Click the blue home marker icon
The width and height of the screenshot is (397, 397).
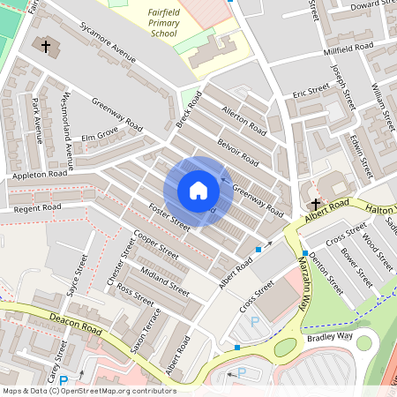pos(198,191)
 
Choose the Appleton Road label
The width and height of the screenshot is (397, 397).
pos(40,175)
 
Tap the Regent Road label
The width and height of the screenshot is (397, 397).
pos(36,207)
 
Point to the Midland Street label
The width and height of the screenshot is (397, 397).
pos(165,281)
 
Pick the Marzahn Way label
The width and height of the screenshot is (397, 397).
pos(305,288)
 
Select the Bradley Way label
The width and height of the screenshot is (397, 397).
pos(329,337)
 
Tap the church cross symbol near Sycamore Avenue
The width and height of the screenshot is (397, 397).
pos(46,45)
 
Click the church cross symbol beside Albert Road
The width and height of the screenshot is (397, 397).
pos(315,203)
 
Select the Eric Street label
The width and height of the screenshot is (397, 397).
pos(311,92)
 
